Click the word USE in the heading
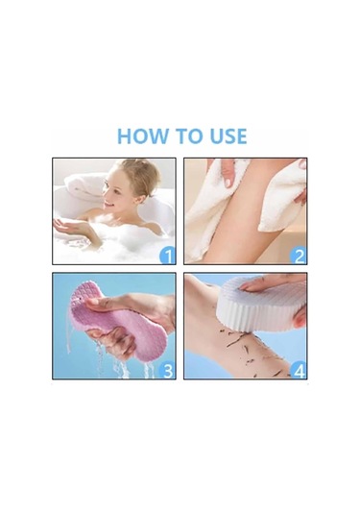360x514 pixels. (x=228, y=136)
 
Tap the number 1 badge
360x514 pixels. (x=168, y=256)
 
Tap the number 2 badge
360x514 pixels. (x=299, y=256)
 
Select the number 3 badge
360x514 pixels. (x=167, y=371)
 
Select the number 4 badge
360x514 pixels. (x=299, y=371)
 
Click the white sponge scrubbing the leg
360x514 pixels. (x=260, y=303)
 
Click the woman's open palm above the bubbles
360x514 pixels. (x=70, y=226)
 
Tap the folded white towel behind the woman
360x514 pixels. (x=84, y=185)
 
